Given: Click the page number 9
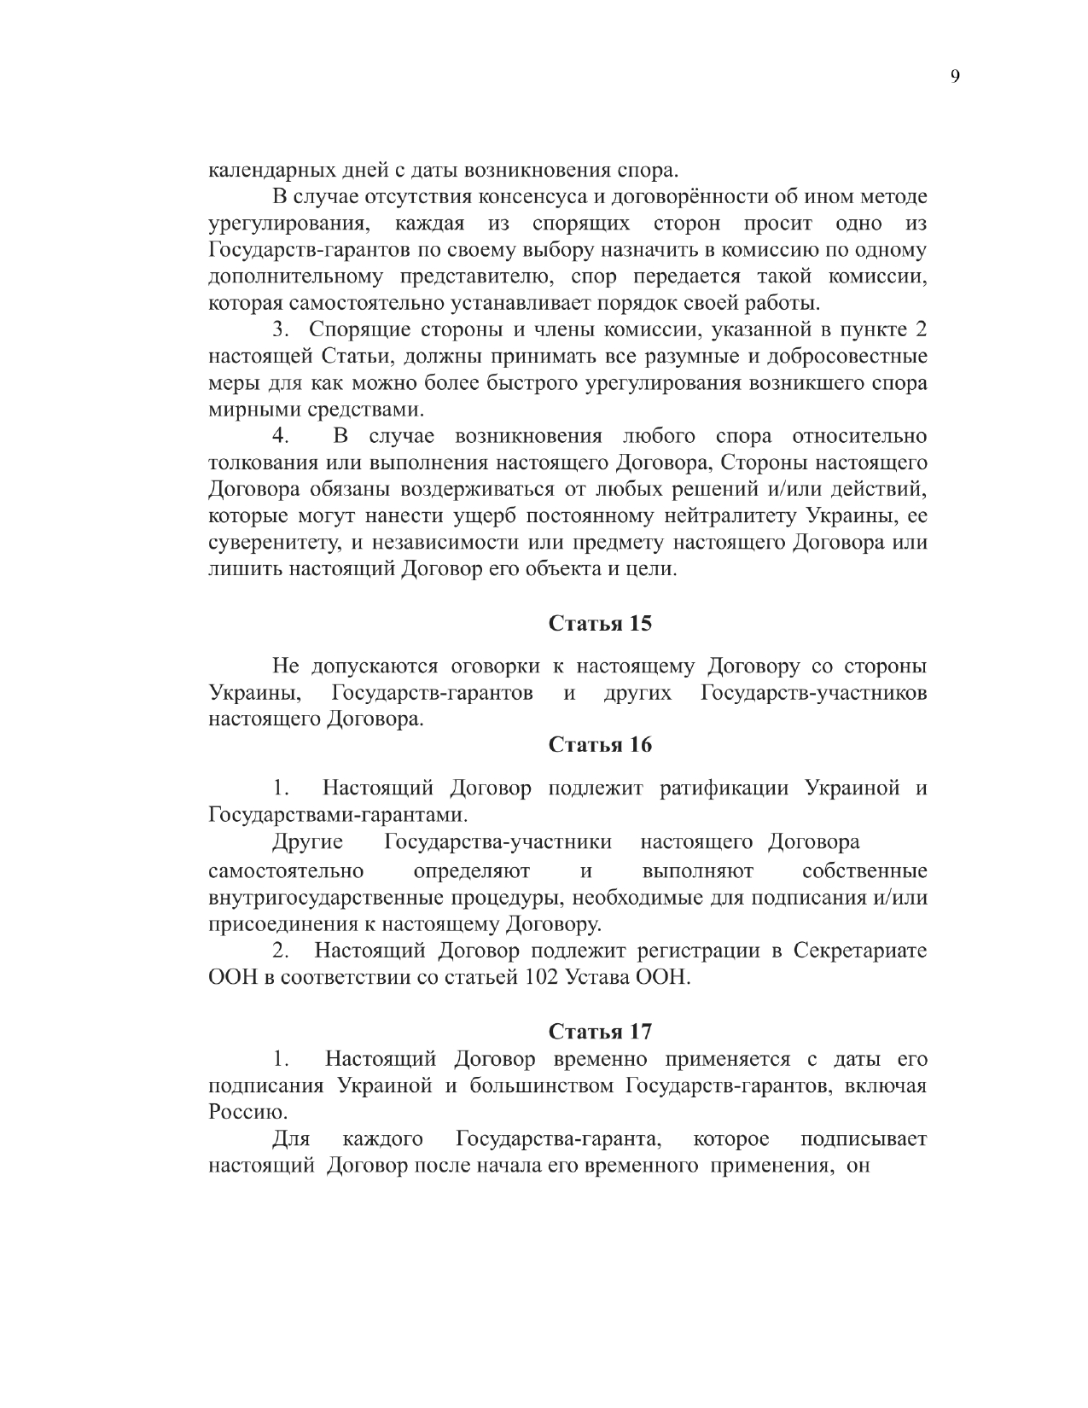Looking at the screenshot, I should pyautogui.click(x=954, y=77).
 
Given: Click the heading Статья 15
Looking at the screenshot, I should pyautogui.click(x=600, y=623).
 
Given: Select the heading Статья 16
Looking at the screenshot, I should pyautogui.click(x=600, y=745).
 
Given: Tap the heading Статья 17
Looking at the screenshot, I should pyautogui.click(x=600, y=1032).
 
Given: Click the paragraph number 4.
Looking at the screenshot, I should pyautogui.click(x=280, y=437).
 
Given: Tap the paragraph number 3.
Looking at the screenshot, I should pyautogui.click(x=279, y=329).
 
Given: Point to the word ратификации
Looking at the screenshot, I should pyautogui.click(x=724, y=788).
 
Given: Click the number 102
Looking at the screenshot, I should pyautogui.click(x=537, y=978).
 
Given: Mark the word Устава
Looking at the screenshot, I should pyautogui.click(x=594, y=978).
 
